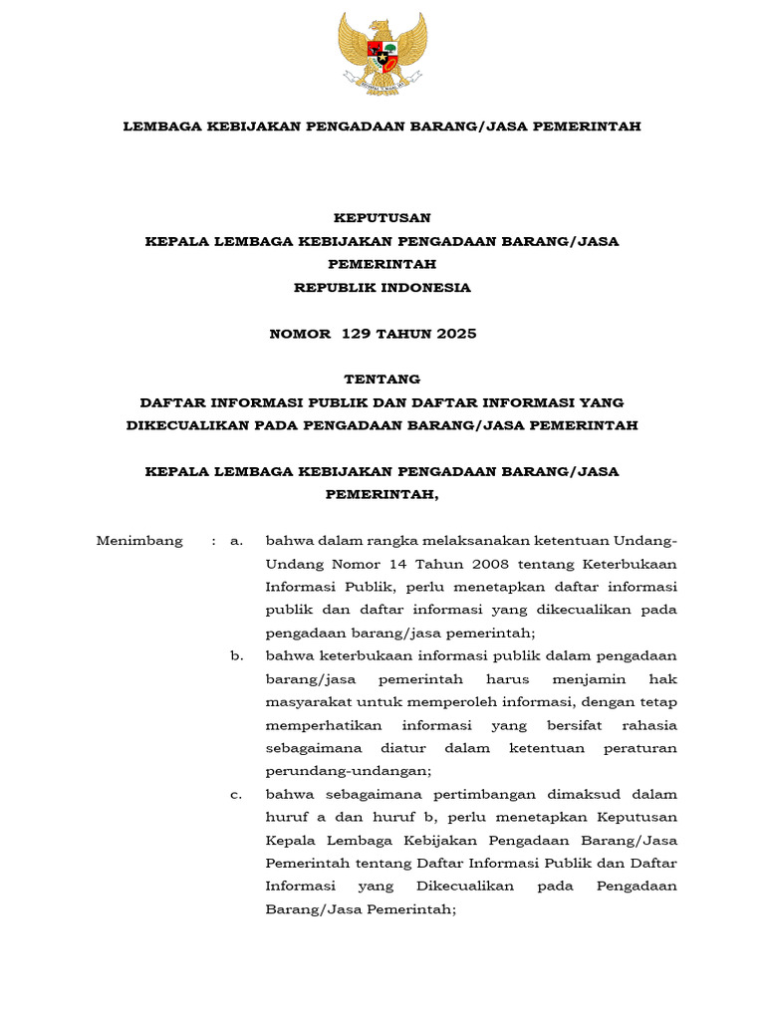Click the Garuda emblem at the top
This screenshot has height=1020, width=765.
[x=382, y=53]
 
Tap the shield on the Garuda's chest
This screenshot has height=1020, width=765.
[x=382, y=52]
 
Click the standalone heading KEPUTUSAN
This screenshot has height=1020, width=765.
[x=382, y=217]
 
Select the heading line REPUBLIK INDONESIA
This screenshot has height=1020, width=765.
[x=382, y=288]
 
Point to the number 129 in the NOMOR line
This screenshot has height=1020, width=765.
[x=355, y=334]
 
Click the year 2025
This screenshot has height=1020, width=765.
[x=451, y=334]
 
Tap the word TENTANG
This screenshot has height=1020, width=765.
[x=382, y=380]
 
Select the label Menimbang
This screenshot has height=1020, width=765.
[x=139, y=541]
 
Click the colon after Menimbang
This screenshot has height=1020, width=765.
[x=213, y=541]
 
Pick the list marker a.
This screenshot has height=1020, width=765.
[x=236, y=541]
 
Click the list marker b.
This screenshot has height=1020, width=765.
[x=236, y=656]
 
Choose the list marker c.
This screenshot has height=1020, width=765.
[x=236, y=795]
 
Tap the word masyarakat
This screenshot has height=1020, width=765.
[x=304, y=702]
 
